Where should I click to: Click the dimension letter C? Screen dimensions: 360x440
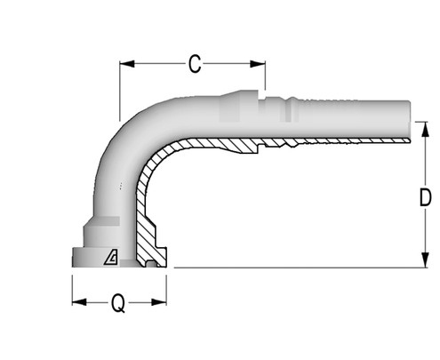[195, 63]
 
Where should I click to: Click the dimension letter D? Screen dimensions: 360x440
[425, 196]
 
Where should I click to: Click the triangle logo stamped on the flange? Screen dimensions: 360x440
[111, 257]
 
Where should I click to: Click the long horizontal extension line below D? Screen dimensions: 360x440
[293, 267]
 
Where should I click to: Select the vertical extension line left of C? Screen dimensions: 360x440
[120, 89]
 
